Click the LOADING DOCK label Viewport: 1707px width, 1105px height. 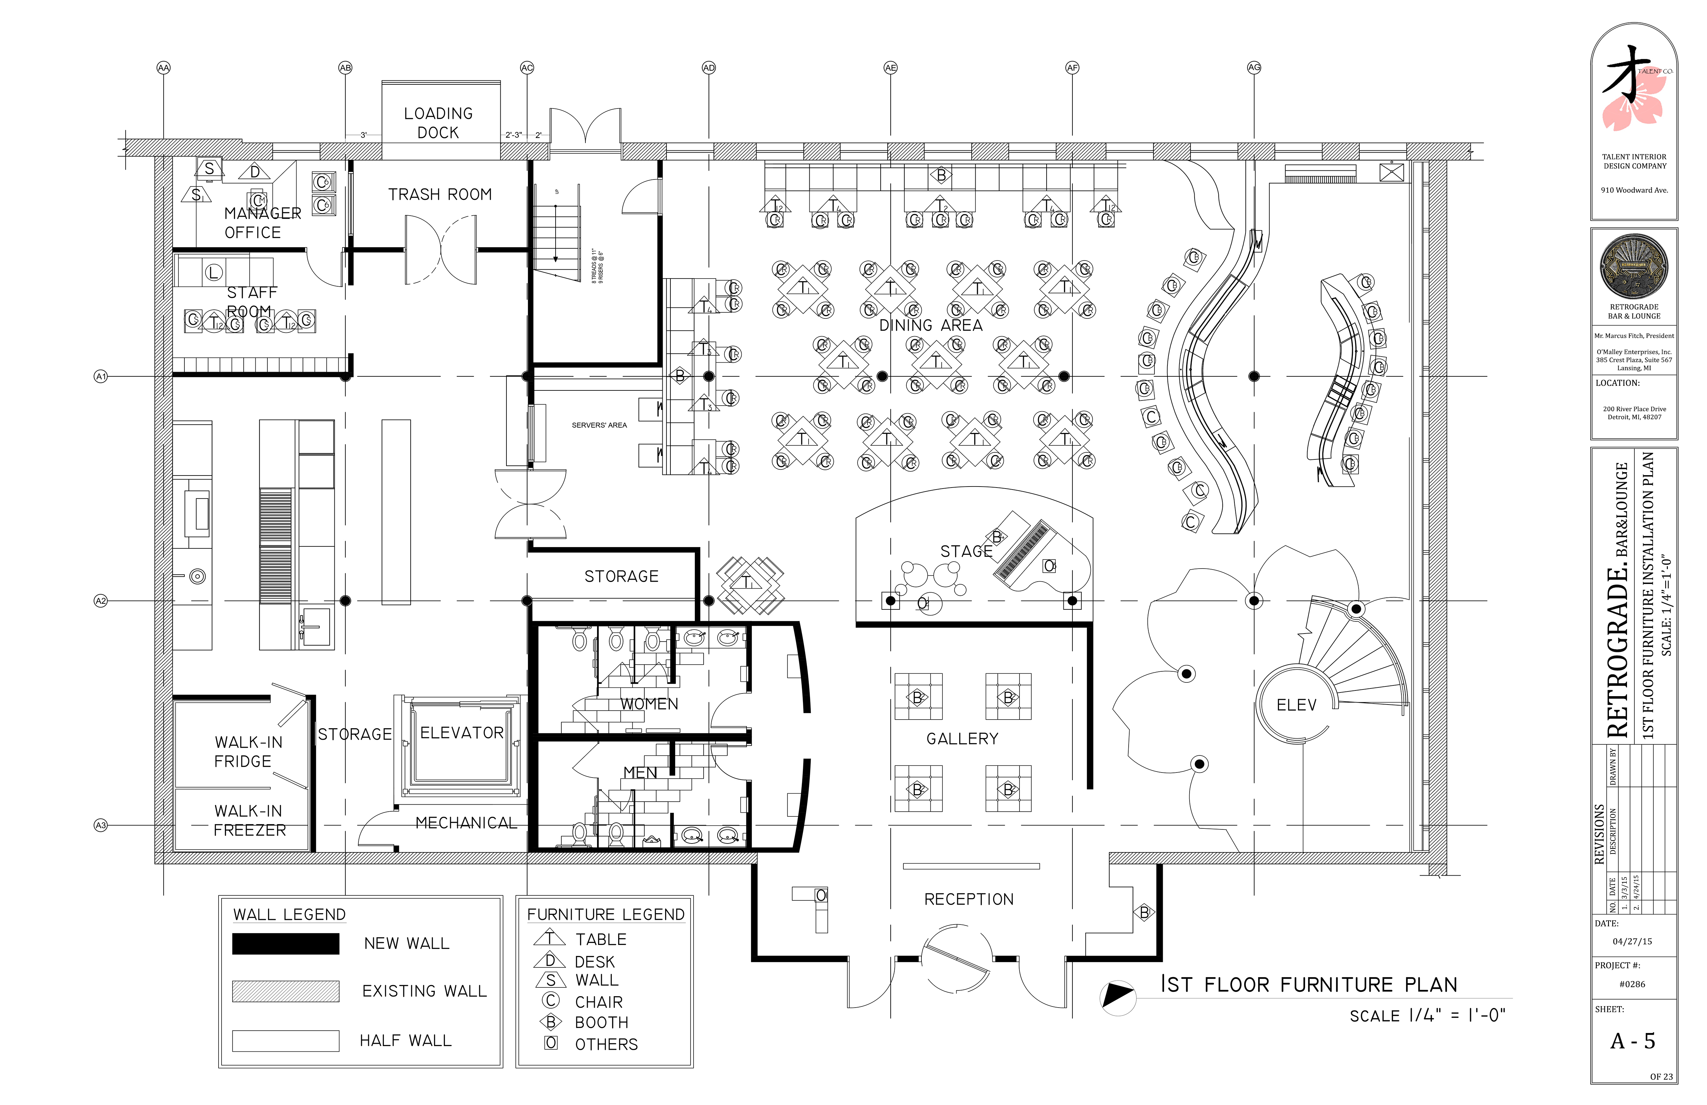pyautogui.click(x=438, y=123)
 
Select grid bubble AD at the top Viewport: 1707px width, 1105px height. pyautogui.click(x=709, y=67)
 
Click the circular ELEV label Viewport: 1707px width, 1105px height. pyautogui.click(x=1296, y=705)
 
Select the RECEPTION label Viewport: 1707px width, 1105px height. pyautogui.click(x=968, y=899)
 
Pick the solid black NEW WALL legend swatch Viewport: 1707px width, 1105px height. pyautogui.click(x=286, y=944)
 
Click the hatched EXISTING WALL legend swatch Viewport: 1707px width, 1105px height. pyautogui.click(x=286, y=991)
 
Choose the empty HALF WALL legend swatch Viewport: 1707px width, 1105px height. pyautogui.click(x=286, y=1040)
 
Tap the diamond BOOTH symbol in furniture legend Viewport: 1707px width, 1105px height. pyautogui.click(x=550, y=1022)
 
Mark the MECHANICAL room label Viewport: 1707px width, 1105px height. pyautogui.click(x=466, y=823)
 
